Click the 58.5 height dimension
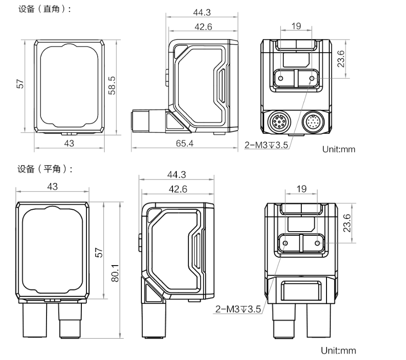click(x=113, y=86)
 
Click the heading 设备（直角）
click(x=45, y=9)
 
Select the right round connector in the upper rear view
click(x=313, y=123)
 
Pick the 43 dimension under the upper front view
click(x=69, y=143)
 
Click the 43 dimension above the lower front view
click(x=52, y=187)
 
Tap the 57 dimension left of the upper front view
click(x=20, y=84)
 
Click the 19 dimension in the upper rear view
click(x=296, y=27)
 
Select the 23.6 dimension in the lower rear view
click(x=347, y=222)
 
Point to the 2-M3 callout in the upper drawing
click(x=266, y=145)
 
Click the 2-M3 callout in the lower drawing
click(x=238, y=308)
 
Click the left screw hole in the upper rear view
click(x=280, y=78)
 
